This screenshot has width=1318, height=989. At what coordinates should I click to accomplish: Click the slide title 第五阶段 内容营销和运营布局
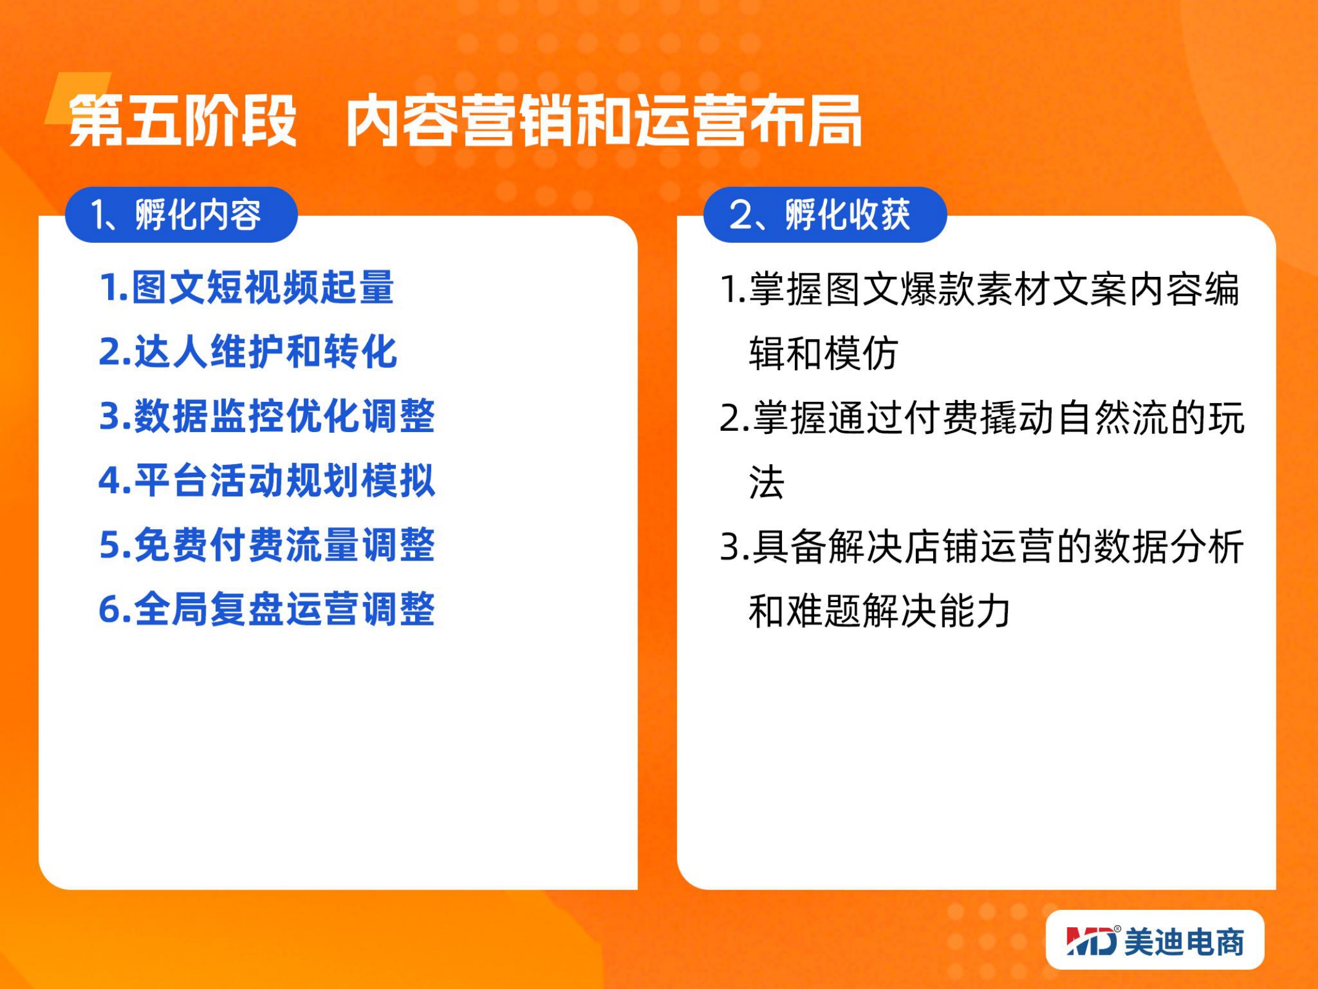[465, 121]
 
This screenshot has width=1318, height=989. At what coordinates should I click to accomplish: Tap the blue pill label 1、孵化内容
[181, 214]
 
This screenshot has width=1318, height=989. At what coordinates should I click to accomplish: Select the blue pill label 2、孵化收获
[825, 214]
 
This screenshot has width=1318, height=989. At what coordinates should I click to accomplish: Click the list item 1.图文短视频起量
[246, 287]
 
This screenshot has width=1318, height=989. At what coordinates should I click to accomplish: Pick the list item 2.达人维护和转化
[248, 352]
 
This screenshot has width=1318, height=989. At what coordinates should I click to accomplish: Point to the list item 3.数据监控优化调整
[267, 416]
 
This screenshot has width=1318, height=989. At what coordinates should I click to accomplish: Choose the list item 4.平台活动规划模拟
[267, 480]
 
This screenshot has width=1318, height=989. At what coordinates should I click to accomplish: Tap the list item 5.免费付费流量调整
[267, 545]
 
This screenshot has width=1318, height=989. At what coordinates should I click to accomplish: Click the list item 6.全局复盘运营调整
[267, 609]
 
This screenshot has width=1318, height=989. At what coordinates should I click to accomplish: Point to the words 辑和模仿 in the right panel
[823, 354]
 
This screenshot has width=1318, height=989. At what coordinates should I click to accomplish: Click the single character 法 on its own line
[766, 482]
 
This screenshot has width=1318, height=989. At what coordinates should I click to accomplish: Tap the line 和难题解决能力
[879, 611]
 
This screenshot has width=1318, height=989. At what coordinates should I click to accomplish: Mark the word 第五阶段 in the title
[183, 121]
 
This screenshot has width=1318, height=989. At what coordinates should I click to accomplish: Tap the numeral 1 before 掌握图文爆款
[729, 289]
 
